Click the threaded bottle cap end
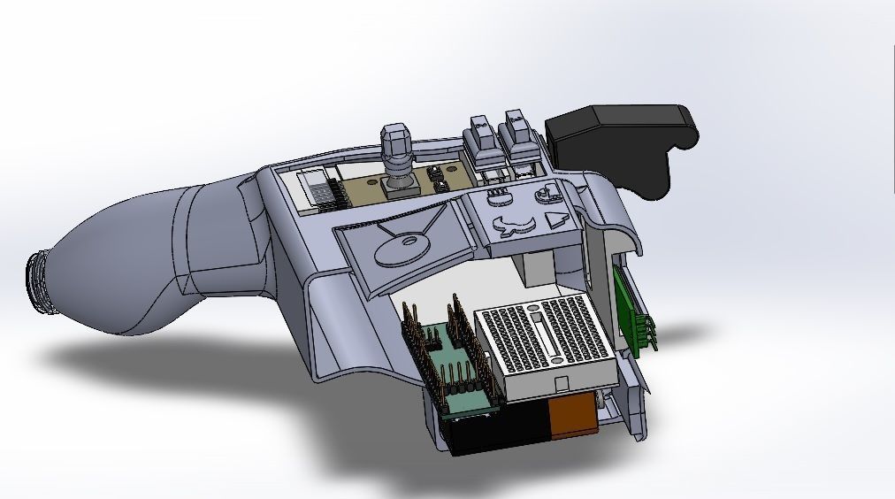click(x=36, y=280)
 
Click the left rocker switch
click(x=483, y=140)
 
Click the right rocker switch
click(x=517, y=136)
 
